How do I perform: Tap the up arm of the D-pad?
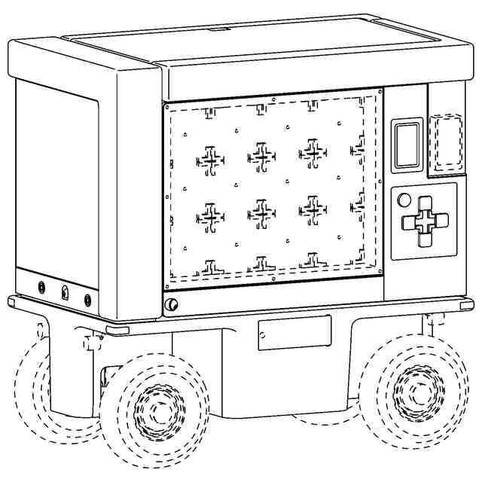point(424,205)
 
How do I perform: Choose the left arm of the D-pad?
point(409,222)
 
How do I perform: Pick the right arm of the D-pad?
point(439,221)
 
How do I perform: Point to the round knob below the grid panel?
point(172,304)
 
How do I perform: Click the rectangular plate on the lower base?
point(294,332)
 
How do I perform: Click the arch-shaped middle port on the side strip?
point(65,293)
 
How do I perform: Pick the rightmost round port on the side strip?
point(88,300)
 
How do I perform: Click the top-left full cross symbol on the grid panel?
point(210,160)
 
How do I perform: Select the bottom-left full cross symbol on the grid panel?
point(210,217)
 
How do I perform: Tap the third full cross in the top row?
point(313,151)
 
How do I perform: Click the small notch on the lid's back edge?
point(220,29)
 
